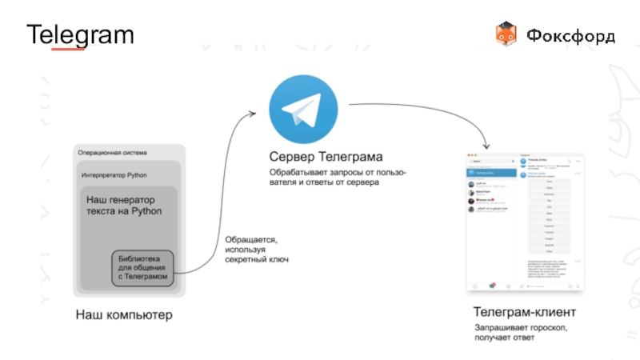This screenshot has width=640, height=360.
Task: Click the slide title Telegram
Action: pos(80,35)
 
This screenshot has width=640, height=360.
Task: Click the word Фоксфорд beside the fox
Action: pos(570,36)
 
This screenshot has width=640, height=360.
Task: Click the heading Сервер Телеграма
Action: pos(326,156)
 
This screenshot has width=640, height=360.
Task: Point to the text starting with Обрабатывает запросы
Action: pos(337,178)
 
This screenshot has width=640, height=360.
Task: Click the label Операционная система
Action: pos(112,152)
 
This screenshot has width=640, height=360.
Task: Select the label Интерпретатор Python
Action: pos(114,174)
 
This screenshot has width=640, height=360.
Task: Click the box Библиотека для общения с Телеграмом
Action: pos(144,267)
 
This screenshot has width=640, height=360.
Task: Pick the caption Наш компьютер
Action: pos(124,314)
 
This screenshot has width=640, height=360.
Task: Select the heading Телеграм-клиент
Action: pos(524,311)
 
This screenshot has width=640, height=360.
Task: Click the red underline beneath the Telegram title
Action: pos(68,50)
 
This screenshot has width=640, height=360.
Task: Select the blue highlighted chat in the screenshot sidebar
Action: pos(490,174)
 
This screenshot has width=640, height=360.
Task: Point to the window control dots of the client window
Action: pos(472,154)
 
